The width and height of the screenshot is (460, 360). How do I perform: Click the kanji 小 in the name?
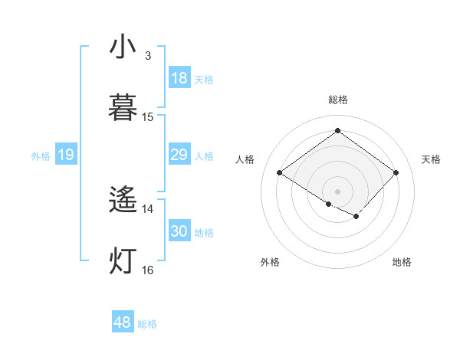(x=123, y=47)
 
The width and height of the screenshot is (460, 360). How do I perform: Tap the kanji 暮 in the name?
(x=123, y=108)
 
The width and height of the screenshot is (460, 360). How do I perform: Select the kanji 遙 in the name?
(x=123, y=201)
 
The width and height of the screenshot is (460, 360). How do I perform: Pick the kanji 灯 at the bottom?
(x=123, y=260)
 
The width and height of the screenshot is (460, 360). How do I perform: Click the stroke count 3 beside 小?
(x=148, y=56)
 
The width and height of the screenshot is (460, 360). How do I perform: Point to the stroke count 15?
(x=148, y=117)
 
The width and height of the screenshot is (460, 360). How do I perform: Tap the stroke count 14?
(x=148, y=208)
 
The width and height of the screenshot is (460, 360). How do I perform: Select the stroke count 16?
(x=148, y=270)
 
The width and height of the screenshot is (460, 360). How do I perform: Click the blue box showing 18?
(x=179, y=78)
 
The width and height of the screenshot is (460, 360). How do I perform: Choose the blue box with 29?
(x=179, y=155)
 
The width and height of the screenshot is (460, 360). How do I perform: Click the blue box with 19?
(x=66, y=155)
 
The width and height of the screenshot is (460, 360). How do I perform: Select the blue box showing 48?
(x=123, y=322)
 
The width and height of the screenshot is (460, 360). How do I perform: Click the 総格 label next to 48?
(x=147, y=324)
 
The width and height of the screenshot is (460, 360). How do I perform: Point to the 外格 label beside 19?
(x=41, y=156)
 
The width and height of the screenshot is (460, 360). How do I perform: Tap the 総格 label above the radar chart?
(x=337, y=100)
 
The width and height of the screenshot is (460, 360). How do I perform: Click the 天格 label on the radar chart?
(x=431, y=159)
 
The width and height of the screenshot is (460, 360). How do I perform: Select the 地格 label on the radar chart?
(x=402, y=262)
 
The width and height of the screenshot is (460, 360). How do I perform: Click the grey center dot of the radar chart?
(x=337, y=191)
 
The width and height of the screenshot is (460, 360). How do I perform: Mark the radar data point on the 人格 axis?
(x=280, y=173)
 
